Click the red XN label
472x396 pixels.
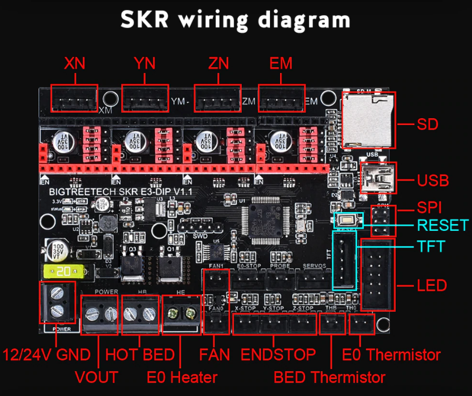(x=75, y=63)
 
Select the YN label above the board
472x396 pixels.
(x=145, y=63)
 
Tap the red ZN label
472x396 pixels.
(x=218, y=63)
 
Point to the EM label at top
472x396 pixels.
(x=281, y=63)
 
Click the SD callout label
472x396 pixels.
(x=427, y=123)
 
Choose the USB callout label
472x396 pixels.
(x=433, y=181)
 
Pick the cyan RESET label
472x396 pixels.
(x=443, y=225)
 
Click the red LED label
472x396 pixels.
(x=432, y=285)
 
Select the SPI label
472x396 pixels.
(x=429, y=207)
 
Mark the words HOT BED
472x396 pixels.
(x=140, y=355)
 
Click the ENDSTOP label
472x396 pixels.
(x=278, y=355)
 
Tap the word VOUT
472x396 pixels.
(x=96, y=377)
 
